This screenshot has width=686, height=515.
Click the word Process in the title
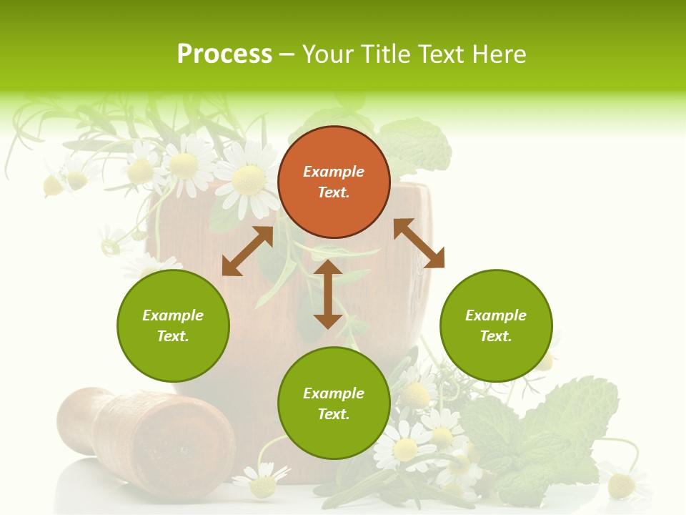coord(224,54)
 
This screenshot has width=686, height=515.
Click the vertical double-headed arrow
coord(328,294)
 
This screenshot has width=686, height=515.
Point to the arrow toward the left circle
coord(247,251)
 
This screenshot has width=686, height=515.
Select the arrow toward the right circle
coord(419,243)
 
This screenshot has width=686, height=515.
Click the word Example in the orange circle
coord(334,172)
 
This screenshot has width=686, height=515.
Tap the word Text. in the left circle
coord(173,336)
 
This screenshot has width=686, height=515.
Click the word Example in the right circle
coord(496,315)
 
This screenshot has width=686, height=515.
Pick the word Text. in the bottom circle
coord(334,414)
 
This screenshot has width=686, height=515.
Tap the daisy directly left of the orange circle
coord(247,179)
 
